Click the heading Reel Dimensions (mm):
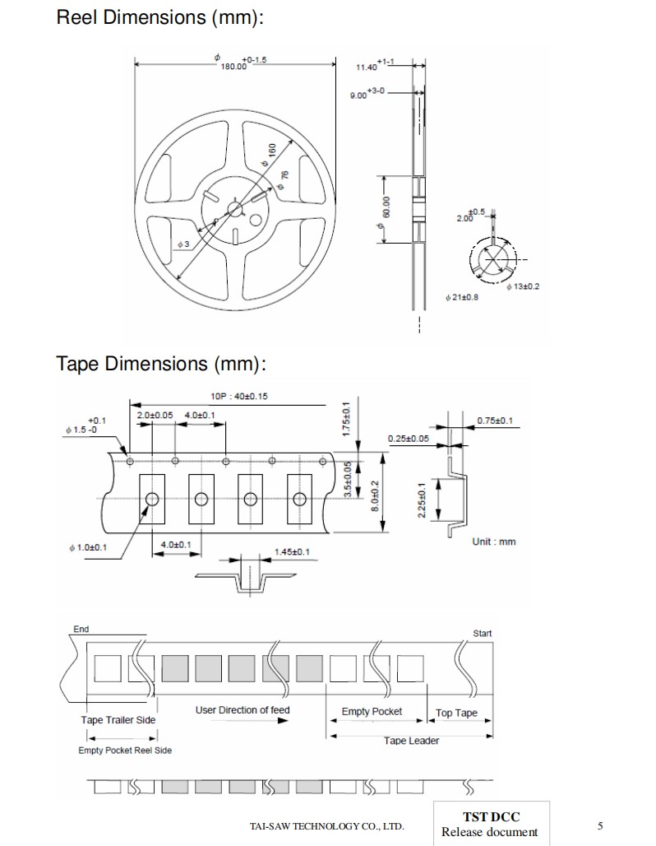coord(160,17)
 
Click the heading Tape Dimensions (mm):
coord(162,363)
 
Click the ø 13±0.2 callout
coord(522,286)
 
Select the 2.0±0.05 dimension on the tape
coord(155,415)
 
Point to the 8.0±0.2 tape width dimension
coord(375,495)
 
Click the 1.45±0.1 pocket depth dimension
coord(292,551)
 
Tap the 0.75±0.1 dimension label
coord(496,421)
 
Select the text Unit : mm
coord(494,542)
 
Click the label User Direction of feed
coord(243,709)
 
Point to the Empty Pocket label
coord(372,711)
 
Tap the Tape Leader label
coord(411,741)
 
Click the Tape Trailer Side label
coord(118,720)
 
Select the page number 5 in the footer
coord(600,825)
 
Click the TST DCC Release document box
coord(491,824)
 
